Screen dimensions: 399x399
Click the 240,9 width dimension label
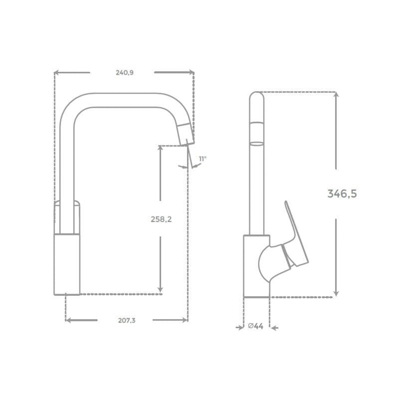[x=125, y=72]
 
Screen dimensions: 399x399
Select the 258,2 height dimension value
[x=161, y=219]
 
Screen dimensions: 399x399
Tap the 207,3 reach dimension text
[x=127, y=321]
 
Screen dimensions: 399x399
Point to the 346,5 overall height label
[x=342, y=194]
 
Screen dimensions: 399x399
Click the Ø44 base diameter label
[x=256, y=326]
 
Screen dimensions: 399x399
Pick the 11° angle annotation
[x=202, y=159]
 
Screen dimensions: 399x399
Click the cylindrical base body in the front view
[x=67, y=264]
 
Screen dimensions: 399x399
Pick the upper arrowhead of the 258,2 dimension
[x=160, y=149]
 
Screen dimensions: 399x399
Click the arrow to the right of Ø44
[x=274, y=328]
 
